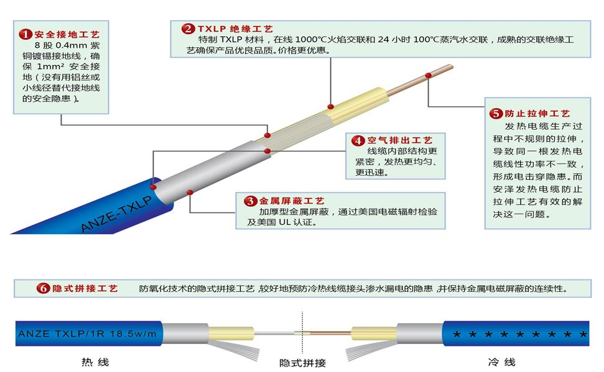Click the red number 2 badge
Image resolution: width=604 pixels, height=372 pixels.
point(187,29)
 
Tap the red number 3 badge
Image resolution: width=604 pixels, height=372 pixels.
point(250,201)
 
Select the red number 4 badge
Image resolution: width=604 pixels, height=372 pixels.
point(358,141)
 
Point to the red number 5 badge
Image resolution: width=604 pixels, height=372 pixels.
point(496,114)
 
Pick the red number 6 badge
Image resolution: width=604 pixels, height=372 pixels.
point(43,288)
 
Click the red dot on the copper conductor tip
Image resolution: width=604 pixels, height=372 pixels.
point(428,76)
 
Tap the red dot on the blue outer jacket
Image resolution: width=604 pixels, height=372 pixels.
point(154,184)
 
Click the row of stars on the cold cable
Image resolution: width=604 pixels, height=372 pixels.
point(519,335)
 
